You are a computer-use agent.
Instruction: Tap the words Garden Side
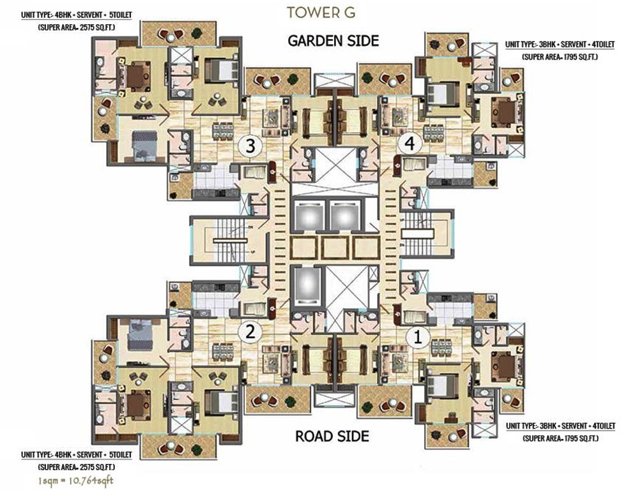(x=333, y=41)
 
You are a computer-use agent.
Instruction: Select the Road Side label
(x=332, y=436)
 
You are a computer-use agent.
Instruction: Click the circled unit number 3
(x=250, y=146)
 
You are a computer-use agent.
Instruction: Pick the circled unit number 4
(x=410, y=145)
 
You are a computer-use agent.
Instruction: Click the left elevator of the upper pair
(x=305, y=215)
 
